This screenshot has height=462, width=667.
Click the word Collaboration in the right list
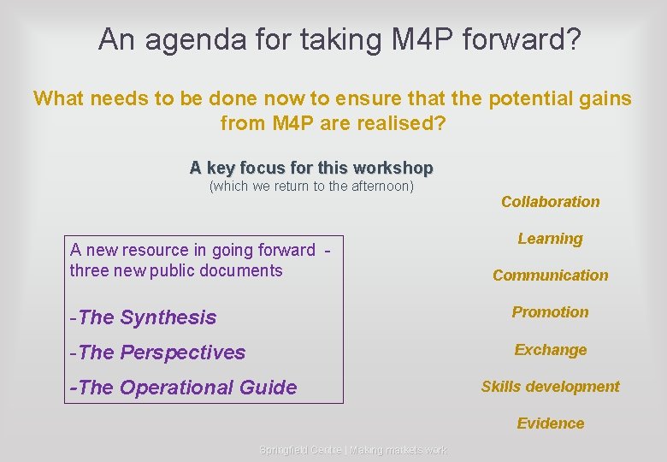(x=550, y=202)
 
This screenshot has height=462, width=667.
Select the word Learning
(x=550, y=239)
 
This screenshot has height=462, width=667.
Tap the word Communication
(x=550, y=275)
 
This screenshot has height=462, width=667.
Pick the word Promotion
(x=550, y=312)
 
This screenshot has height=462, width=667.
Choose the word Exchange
(x=550, y=350)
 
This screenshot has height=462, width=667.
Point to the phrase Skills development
(x=550, y=387)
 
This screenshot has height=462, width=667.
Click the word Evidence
(x=550, y=423)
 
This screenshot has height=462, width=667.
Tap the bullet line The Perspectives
(x=157, y=352)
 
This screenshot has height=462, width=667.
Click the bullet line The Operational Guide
(x=183, y=388)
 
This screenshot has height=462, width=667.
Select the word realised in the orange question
(x=394, y=123)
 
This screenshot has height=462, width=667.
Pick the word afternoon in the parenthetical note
(x=376, y=186)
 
